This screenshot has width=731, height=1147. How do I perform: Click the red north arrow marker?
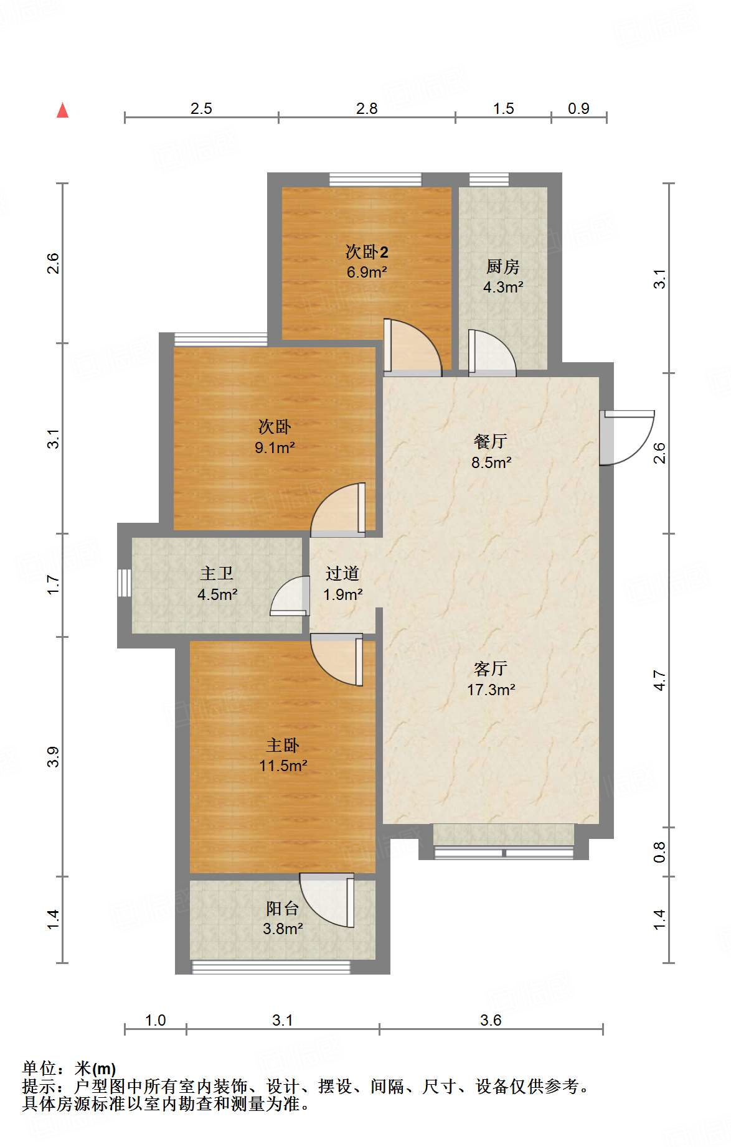pos(62,110)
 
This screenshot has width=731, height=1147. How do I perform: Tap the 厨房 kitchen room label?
pos(502,266)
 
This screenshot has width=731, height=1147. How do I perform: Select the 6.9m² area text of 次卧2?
pos(367,272)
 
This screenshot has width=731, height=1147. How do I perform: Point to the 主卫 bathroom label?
pos(217,573)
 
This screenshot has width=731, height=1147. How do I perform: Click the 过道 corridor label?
pos(342,573)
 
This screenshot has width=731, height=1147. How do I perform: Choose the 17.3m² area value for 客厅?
pos(491,690)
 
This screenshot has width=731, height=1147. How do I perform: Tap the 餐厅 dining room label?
pos(491,441)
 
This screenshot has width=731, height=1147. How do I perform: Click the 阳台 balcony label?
pos(283,909)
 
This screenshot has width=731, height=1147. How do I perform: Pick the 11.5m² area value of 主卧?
pos(283,765)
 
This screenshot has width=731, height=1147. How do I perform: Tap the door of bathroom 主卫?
pos(290,596)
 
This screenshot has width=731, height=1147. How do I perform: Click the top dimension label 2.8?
pos(367,108)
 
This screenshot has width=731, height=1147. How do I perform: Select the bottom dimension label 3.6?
pos(491,1020)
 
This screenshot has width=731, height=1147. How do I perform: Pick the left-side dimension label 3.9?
pos(54,756)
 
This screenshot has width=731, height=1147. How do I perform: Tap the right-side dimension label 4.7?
pos(659,680)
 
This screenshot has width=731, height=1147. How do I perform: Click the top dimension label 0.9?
pos(578,108)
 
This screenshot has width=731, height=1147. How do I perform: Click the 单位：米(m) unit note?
pos(69,1069)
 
